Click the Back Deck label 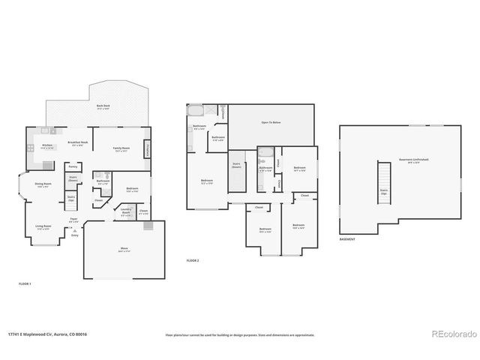pos(104,106)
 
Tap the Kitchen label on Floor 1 pos(46,145)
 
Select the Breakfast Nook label pos(78,142)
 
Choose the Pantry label pos(73,166)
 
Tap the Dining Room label pos(43,184)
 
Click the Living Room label pos(43,226)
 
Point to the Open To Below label pos(271,121)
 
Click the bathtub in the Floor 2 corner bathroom pos(196,111)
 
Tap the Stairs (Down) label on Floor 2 pos(236,164)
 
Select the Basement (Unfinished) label pos(409,161)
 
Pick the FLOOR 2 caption pos(193,260)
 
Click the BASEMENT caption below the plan pos(347,239)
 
